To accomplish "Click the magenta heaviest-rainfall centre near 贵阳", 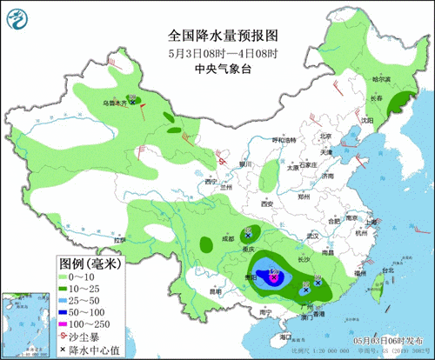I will click(x=273, y=277).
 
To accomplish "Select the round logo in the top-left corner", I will click(x=18, y=17).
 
